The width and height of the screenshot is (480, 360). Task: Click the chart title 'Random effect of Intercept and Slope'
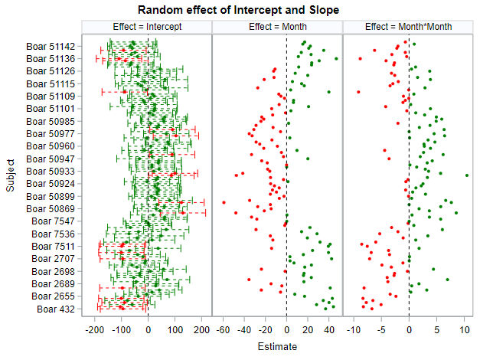coord(239,9)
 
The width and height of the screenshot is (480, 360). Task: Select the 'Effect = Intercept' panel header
coord(146,27)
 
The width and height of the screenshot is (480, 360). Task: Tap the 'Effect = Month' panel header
coord(277,27)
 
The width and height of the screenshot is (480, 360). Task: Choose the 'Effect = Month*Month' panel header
coord(408,27)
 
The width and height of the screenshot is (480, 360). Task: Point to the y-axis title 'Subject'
coord(11,175)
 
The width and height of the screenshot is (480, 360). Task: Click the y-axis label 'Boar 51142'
coord(51,47)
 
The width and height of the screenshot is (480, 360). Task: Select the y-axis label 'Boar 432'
coord(56,309)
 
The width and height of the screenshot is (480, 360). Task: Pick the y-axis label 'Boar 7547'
coord(54,221)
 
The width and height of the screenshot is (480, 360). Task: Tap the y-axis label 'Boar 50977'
coord(51,134)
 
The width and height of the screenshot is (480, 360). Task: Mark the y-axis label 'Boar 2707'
coord(54,259)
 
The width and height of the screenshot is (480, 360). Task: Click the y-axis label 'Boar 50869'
coord(51,209)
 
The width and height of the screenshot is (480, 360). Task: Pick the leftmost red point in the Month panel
coord(224,203)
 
